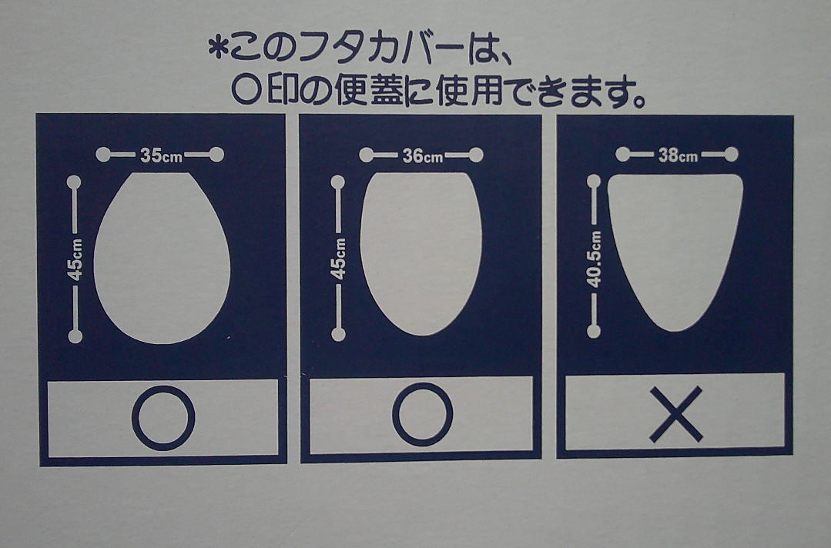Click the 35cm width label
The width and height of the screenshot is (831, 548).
click(161, 155)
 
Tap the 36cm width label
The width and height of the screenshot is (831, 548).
click(422, 155)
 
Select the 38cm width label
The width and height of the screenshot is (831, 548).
click(678, 155)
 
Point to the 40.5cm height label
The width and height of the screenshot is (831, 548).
click(594, 259)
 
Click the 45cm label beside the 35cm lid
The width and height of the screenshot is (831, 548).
click(75, 259)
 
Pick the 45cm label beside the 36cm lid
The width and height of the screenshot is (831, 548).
click(337, 259)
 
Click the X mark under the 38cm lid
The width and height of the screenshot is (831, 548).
click(675, 414)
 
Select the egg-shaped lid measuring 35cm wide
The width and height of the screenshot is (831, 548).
click(162, 258)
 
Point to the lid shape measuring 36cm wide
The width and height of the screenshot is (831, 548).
click(421, 254)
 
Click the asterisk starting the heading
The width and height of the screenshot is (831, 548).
click(217, 48)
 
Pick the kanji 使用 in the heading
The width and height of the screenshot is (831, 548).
click(470, 90)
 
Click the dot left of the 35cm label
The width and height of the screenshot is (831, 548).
click(103, 155)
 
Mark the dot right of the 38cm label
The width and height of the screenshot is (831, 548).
click(732, 155)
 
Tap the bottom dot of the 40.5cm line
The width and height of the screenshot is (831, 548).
click(594, 332)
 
